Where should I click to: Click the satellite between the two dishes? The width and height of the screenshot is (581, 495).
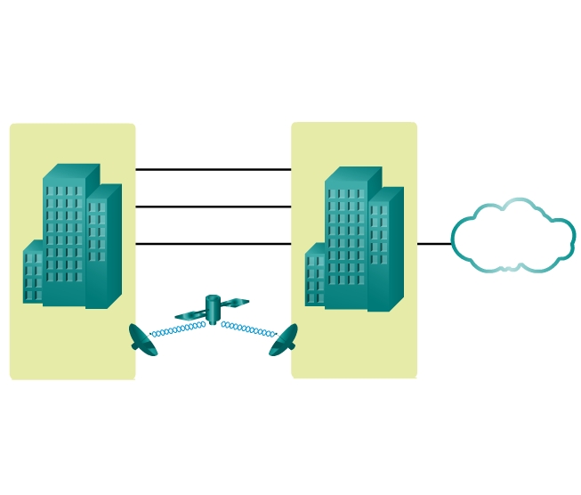point(213,308)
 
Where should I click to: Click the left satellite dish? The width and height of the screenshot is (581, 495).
point(142,340)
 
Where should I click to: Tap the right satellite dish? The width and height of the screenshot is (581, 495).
point(283,340)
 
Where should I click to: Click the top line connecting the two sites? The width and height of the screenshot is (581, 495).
point(214,169)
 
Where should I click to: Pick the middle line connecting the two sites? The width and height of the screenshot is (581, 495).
point(214,207)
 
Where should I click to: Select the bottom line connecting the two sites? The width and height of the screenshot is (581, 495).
point(214,243)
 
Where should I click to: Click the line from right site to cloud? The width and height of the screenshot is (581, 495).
point(434,243)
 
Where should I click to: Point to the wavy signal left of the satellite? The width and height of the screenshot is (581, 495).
point(178,329)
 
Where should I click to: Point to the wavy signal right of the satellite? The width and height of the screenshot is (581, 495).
point(248,329)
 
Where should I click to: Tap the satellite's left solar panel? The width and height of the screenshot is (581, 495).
point(190,315)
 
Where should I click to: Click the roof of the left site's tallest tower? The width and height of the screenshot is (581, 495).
point(71,172)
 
